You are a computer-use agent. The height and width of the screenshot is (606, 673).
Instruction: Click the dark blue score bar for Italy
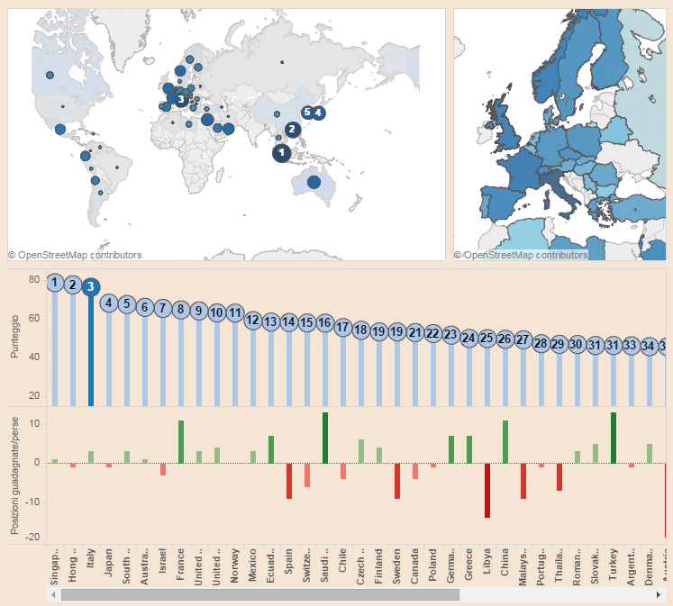point(90,351)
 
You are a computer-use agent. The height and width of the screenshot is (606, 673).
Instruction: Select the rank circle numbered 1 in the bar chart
point(54,284)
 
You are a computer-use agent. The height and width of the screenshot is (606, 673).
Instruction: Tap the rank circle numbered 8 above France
point(180,310)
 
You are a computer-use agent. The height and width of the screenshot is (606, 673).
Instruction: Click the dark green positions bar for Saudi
point(324,438)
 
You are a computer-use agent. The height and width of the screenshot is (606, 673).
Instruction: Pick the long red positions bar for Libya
point(487,490)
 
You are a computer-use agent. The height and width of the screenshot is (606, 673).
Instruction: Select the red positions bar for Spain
point(288,480)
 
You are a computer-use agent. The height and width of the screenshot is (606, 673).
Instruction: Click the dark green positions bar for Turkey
point(613,438)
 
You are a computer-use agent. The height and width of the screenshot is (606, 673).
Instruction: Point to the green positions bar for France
point(180,441)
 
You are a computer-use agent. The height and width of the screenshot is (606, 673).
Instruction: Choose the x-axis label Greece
point(468,566)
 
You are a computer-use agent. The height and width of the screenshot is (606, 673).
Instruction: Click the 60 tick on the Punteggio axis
point(34,319)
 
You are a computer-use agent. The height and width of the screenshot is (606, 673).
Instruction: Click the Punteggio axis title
point(14,338)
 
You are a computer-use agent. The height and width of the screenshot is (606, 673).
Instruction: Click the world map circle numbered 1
point(282,153)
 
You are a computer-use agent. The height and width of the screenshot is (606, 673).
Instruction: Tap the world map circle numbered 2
point(292,130)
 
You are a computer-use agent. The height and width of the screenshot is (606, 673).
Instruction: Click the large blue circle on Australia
point(314,183)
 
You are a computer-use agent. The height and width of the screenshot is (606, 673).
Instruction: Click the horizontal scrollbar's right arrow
point(660,594)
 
